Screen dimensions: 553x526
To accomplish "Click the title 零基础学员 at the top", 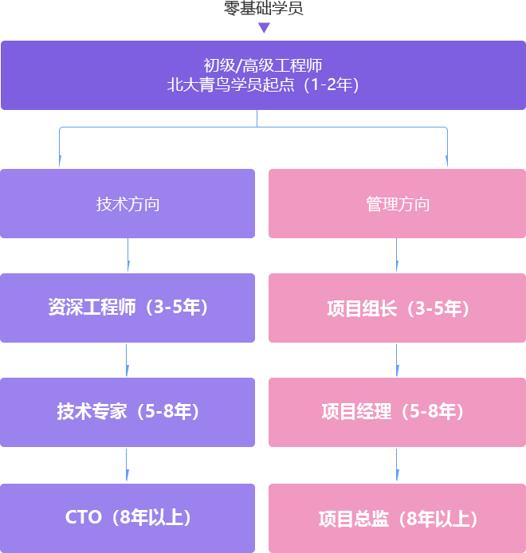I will tap(264, 9).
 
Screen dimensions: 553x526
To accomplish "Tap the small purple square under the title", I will tap(264, 28).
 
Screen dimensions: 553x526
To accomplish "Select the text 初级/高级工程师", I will tap(263, 65).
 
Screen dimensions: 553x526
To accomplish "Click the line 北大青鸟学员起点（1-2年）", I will tap(263, 84).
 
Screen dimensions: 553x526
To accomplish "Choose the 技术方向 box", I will tap(128, 203).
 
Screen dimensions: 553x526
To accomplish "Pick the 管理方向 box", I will tap(397, 203).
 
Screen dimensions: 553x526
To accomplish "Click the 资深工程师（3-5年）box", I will tap(128, 308).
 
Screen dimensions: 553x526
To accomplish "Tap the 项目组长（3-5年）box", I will tap(397, 308).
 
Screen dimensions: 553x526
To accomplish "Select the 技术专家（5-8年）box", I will tap(128, 412).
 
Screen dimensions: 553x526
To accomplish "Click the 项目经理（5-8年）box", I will tap(397, 412).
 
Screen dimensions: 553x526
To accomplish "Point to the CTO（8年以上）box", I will tap(128, 517).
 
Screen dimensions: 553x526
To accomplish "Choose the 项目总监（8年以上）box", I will tap(397, 519).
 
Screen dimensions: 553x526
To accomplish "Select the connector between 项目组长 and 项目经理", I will tap(398, 359).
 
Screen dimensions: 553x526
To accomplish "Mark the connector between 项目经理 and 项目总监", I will tap(398, 465).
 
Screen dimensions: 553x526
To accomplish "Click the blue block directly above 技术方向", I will tap(128, 147).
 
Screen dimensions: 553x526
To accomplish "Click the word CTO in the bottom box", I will tap(84, 517).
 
